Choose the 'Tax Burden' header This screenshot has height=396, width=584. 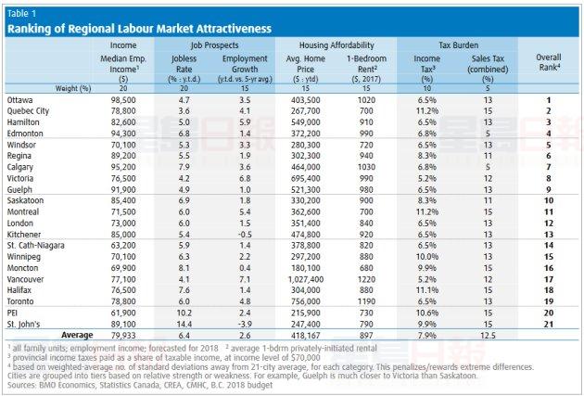click(x=457, y=44)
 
